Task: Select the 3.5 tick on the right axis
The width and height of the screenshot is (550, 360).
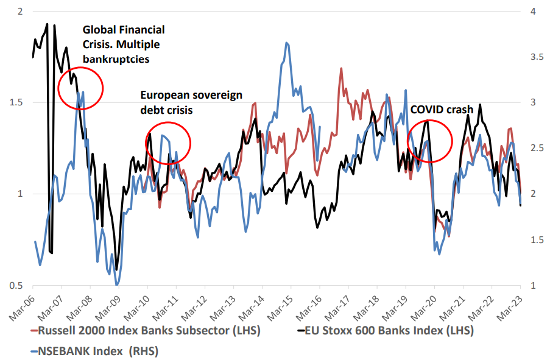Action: pyautogui.click(x=537, y=57)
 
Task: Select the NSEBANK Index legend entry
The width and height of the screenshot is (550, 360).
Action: pyautogui.click(x=99, y=351)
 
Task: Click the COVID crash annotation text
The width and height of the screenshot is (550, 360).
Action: pyautogui.click(x=441, y=110)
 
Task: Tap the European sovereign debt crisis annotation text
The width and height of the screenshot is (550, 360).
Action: pyautogui.click(x=191, y=102)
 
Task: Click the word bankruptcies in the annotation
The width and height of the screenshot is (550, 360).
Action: pyautogui.click(x=116, y=59)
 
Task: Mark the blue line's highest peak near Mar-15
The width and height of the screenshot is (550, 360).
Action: pyautogui.click(x=286, y=43)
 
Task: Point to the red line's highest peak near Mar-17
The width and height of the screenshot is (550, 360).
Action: pyautogui.click(x=341, y=68)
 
